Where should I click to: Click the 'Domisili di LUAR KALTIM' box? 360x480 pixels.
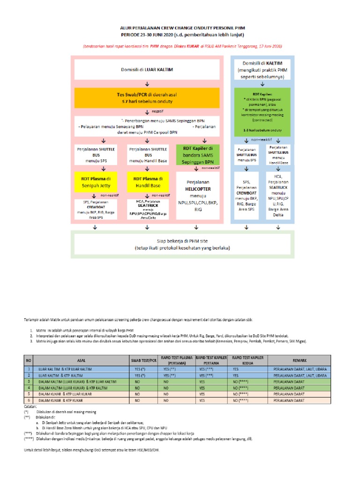[147, 69]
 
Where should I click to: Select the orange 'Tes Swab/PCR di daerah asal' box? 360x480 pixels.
[147, 97]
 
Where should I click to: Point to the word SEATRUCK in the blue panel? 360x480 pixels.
[278, 187]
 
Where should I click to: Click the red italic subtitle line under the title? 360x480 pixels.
[182, 46]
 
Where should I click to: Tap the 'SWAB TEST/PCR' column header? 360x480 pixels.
[143, 360]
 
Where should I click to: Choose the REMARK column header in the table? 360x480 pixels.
[300, 360]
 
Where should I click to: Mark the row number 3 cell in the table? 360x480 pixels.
[29, 382]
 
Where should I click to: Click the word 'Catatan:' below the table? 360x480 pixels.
[30, 406]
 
